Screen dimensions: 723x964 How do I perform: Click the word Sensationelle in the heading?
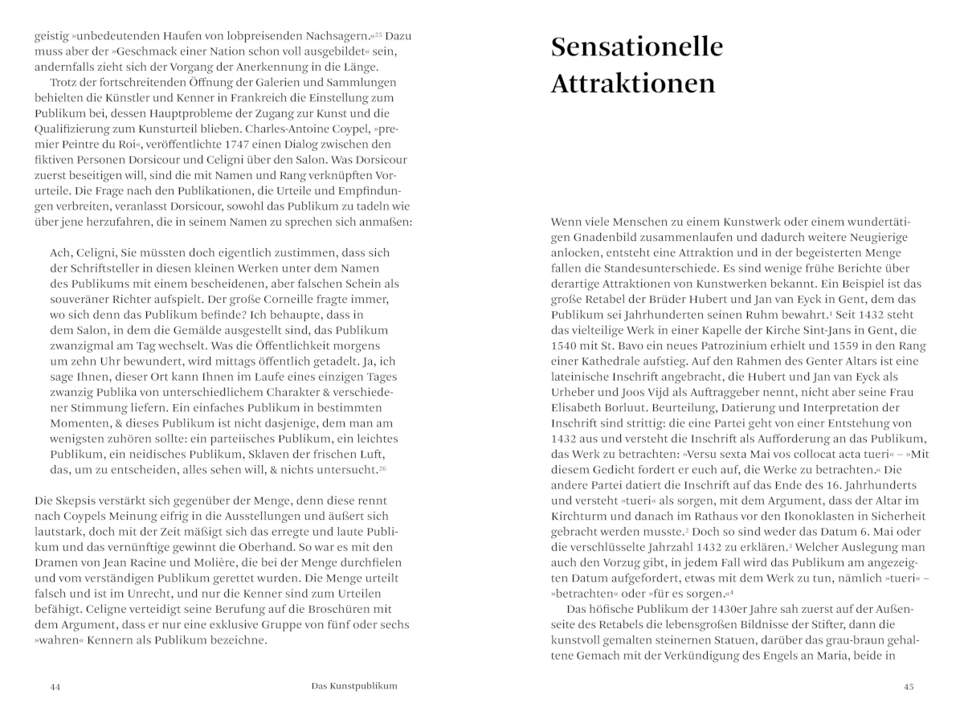click(636, 47)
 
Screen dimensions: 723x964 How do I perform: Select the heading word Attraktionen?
click(632, 84)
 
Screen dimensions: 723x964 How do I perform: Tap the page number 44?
click(55, 687)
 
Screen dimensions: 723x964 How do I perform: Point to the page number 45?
click(909, 687)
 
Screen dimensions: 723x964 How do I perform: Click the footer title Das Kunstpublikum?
click(354, 686)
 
